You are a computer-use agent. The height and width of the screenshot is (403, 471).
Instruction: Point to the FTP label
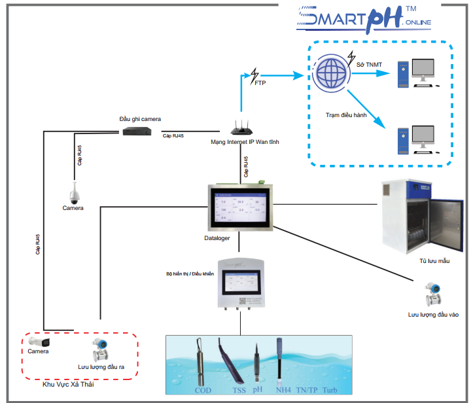pos(260,83)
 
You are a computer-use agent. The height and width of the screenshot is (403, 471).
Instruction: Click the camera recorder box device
pos(137,131)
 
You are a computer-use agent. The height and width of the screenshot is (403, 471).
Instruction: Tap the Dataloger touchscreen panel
pos(239,207)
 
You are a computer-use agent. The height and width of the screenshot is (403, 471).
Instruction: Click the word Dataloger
pos(217,239)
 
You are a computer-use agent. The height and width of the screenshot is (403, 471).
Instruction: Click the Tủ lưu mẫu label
pos(435,261)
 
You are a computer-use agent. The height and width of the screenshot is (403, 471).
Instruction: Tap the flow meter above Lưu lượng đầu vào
pos(431,294)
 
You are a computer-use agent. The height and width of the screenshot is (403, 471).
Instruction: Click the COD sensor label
pos(203,391)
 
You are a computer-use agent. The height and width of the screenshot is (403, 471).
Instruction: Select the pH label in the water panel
pos(257,389)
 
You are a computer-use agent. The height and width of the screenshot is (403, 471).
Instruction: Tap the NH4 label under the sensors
pos(283,391)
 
